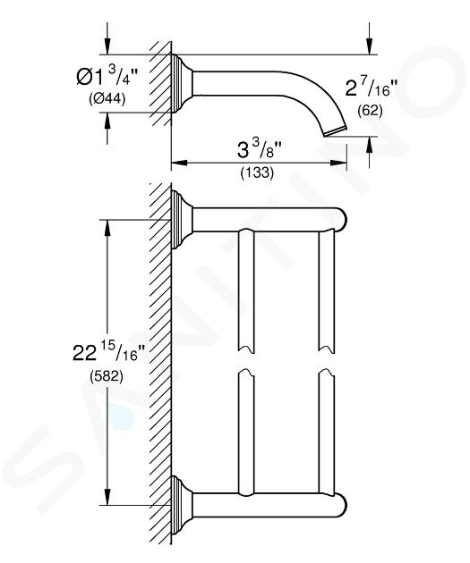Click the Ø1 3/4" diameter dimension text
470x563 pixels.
coord(107,77)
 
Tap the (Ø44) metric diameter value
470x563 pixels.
coord(107,98)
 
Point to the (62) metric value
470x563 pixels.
coord(370,111)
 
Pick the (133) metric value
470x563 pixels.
coord(257,172)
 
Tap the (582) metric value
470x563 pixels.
coord(106,376)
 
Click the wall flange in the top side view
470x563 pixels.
coord(182,84)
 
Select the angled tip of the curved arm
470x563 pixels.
coord(336,131)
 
